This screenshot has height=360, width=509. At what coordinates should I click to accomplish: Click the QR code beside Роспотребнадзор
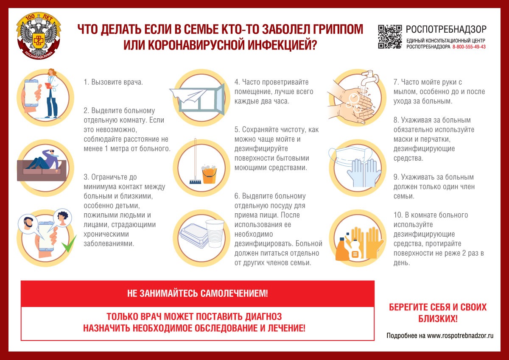[x=390, y=37]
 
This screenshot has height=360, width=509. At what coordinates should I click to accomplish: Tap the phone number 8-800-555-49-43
[x=469, y=47]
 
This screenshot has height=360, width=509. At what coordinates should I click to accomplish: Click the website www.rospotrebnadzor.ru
[x=461, y=335]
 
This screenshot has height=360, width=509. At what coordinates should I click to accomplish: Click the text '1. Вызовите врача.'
[x=113, y=82]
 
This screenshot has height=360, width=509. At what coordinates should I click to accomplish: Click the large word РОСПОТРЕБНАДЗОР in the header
[x=446, y=29]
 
